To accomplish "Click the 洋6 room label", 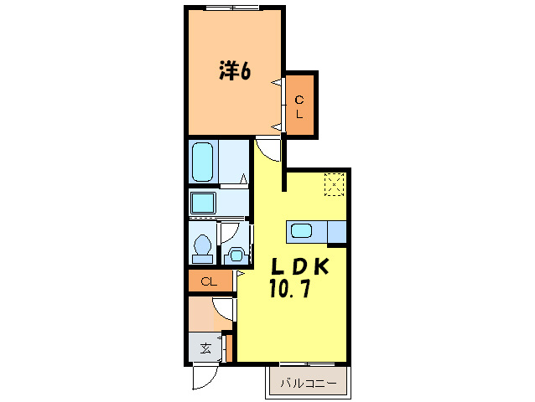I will (x=235, y=72).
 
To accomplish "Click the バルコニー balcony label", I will (x=307, y=384).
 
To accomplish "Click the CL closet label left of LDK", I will (x=210, y=282).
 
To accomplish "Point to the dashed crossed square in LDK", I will (x=335, y=184).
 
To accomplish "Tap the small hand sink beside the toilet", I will (x=236, y=255).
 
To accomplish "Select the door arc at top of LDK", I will (x=268, y=151).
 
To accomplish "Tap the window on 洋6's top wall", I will (x=232, y=8).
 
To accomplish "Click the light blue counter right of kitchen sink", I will (x=337, y=231).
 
